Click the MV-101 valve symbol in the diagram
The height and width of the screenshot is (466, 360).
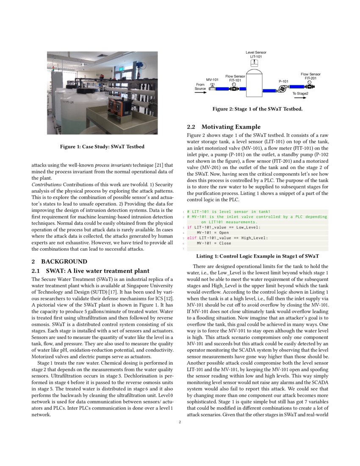pos(212,88)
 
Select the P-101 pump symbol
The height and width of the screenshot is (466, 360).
pos(282,89)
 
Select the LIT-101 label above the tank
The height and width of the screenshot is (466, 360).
pos(256,56)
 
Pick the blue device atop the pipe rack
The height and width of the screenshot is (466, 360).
pos(139,65)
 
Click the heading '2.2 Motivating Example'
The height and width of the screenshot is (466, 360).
pos(224,127)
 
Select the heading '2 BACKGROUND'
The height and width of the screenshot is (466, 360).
pos(59,261)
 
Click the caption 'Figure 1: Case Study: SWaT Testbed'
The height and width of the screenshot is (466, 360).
pos(102,147)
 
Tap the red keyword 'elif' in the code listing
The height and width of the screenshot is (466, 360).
pos(191,238)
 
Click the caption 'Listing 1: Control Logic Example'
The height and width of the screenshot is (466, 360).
pos(258,256)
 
